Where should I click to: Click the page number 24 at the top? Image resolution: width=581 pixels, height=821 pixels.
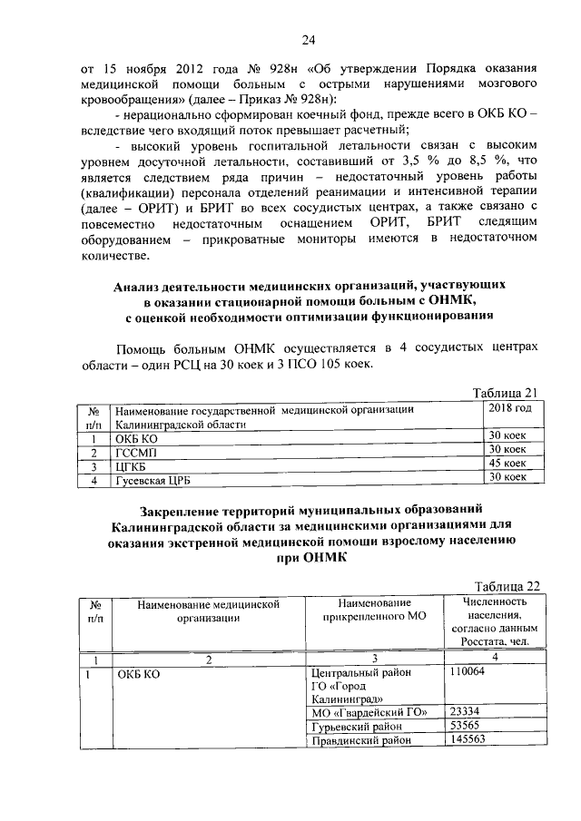click(309, 40)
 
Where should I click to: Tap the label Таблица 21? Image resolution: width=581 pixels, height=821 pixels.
click(508, 392)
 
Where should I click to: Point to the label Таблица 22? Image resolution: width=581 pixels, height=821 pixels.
click(508, 585)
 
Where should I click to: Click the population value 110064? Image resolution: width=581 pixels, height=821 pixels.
click(468, 672)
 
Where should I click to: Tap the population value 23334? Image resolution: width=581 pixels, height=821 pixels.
click(466, 711)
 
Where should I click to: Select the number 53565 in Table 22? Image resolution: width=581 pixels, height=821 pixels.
click(466, 726)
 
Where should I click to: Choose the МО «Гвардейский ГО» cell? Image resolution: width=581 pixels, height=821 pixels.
click(368, 712)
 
